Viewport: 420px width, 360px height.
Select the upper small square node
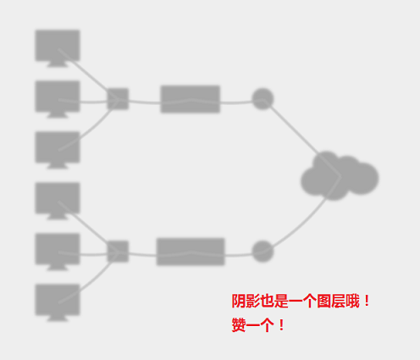(118, 99)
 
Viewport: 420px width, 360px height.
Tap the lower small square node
(118, 252)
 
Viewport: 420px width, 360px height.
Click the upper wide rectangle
(191, 99)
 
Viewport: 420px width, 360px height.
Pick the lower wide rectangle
(191, 252)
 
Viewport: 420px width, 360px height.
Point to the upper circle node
(262, 99)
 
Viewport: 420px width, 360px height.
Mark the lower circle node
(262, 252)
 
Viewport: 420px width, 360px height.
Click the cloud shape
(340, 176)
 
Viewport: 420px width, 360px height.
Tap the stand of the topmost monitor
(58, 64)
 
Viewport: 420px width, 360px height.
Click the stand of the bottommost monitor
(58, 318)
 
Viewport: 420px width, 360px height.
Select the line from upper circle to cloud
(301, 138)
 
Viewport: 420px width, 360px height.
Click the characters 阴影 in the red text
(246, 301)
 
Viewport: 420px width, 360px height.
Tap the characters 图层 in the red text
(331, 301)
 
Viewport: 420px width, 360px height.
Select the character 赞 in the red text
(239, 325)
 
